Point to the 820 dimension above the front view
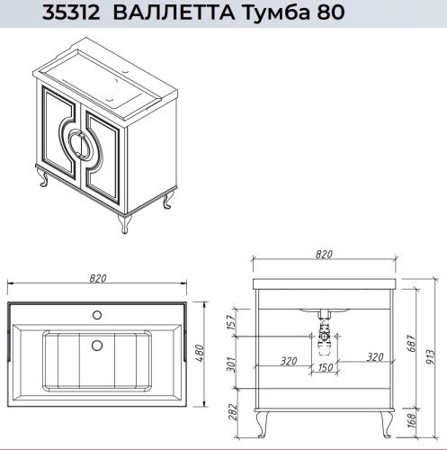point(325,256)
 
